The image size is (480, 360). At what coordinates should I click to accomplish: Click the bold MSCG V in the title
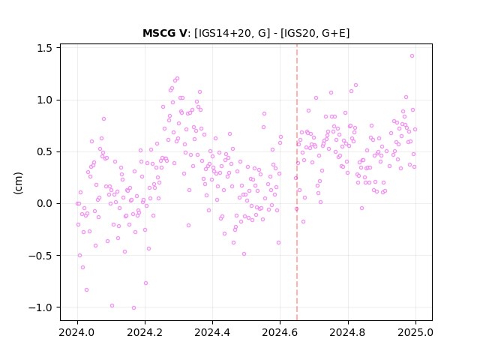165,33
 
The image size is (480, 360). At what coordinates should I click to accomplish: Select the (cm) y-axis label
18,183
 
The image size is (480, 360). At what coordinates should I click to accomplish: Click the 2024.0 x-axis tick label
77,332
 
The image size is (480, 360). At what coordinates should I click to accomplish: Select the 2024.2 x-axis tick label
145,332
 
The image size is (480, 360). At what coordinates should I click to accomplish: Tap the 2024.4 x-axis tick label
212,332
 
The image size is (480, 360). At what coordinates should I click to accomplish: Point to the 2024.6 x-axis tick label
280,332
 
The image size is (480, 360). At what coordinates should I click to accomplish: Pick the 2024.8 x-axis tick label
348,332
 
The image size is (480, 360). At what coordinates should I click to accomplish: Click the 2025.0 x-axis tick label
415,332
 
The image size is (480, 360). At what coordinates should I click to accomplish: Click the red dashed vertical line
297,182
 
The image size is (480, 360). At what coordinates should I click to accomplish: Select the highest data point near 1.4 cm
412,56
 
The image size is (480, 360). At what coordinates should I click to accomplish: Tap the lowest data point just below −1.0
133,308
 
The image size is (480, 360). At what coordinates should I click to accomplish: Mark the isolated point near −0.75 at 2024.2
145,283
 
